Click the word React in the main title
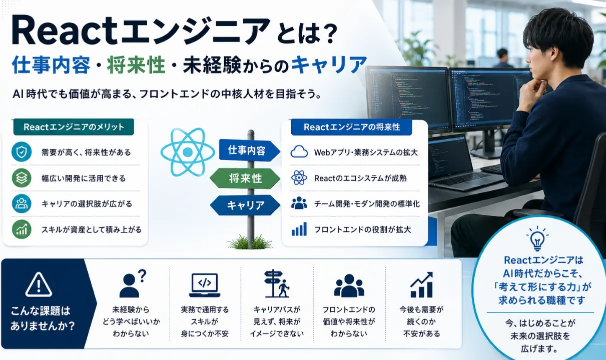[x=65, y=30]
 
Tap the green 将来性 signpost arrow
[x=245, y=178]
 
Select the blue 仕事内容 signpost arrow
[x=249, y=150]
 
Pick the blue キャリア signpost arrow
[x=245, y=205]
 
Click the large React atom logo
[x=188, y=152]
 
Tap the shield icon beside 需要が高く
[x=22, y=152]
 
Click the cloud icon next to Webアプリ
[x=299, y=151]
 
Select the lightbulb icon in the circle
[x=537, y=238]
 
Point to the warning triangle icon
[x=39, y=284]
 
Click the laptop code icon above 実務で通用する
[x=205, y=285]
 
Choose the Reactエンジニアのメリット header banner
[x=74, y=127]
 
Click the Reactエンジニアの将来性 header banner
[x=351, y=127]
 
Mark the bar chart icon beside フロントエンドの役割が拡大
[x=299, y=229]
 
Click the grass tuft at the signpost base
[x=250, y=242]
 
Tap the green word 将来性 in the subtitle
[x=136, y=65]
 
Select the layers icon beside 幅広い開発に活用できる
[x=22, y=178]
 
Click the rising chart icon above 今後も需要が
[x=421, y=284]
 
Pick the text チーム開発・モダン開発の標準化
[x=367, y=204]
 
